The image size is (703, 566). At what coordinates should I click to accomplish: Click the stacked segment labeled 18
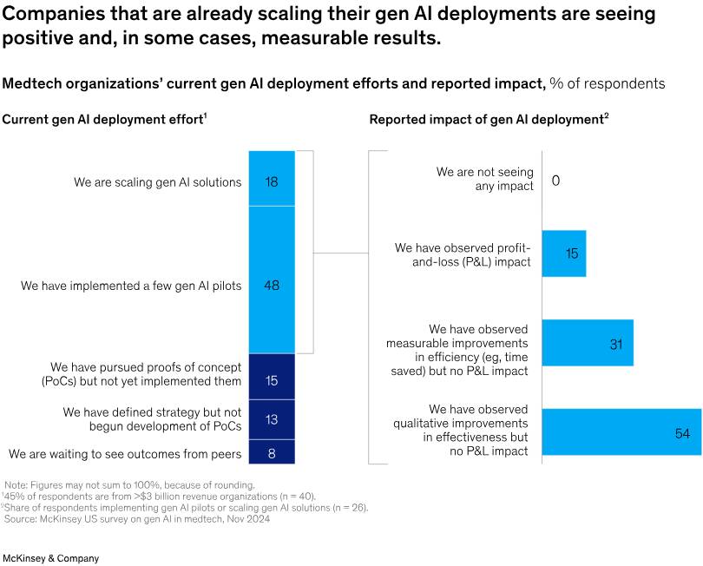click(x=272, y=179)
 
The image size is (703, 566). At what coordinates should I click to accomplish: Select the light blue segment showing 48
click(x=272, y=280)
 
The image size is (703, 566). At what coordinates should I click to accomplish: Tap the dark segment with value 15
click(x=272, y=377)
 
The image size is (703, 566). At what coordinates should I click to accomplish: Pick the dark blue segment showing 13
click(x=272, y=419)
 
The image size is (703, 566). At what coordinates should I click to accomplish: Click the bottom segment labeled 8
click(x=272, y=451)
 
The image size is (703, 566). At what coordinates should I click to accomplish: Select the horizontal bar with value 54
click(x=621, y=432)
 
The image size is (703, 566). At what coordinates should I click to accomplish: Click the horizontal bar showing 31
click(x=587, y=343)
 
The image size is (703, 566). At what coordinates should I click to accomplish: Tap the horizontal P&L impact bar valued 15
click(x=563, y=253)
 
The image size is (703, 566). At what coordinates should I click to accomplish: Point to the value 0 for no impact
click(x=555, y=181)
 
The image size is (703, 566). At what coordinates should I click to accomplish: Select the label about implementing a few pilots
click(x=131, y=285)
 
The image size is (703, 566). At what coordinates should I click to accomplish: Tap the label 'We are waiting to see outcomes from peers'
click(x=125, y=454)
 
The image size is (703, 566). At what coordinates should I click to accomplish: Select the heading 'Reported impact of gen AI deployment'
click(x=488, y=119)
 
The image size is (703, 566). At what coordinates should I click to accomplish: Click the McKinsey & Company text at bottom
click(x=50, y=558)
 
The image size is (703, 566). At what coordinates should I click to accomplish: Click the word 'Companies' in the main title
click(x=56, y=15)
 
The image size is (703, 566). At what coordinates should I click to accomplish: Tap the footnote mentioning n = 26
click(x=186, y=507)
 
